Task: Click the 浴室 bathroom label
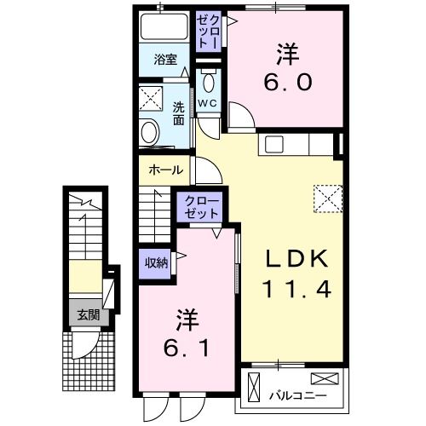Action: pyautogui.click(x=165, y=60)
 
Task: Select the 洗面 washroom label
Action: pyautogui.click(x=179, y=114)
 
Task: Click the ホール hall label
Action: pyautogui.click(x=165, y=170)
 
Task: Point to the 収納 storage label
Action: pyautogui.click(x=155, y=263)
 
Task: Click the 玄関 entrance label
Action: pyautogui.click(x=88, y=314)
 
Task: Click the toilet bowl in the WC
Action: pyautogui.click(x=210, y=83)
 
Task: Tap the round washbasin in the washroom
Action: pyautogui.click(x=151, y=133)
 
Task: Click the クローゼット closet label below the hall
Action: pyautogui.click(x=200, y=208)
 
